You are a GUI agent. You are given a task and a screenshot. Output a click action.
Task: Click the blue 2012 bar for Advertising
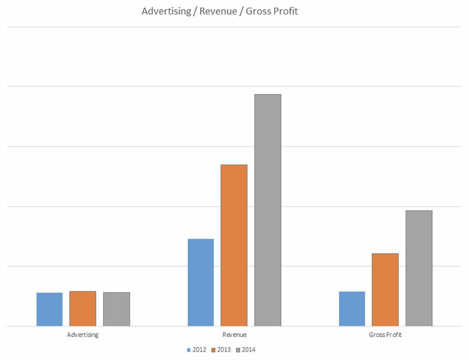(x=50, y=309)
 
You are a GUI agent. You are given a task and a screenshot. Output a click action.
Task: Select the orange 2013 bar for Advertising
(x=82, y=308)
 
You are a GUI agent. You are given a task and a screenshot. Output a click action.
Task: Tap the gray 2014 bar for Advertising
(x=116, y=309)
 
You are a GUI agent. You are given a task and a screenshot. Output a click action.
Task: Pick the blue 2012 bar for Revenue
(x=201, y=282)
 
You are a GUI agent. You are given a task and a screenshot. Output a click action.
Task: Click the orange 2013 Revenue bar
(x=234, y=245)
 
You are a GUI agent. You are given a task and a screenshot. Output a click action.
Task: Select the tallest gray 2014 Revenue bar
(x=267, y=209)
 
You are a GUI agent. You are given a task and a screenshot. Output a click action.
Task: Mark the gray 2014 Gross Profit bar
(x=419, y=268)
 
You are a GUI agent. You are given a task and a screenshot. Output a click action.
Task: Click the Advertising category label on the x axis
(x=82, y=335)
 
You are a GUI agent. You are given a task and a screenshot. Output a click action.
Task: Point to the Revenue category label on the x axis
(x=234, y=335)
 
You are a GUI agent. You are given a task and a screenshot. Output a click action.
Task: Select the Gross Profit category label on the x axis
(x=385, y=335)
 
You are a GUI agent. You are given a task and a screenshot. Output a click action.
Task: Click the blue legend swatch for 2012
(x=189, y=349)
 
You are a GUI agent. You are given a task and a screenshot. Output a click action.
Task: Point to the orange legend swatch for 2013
(x=215, y=349)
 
